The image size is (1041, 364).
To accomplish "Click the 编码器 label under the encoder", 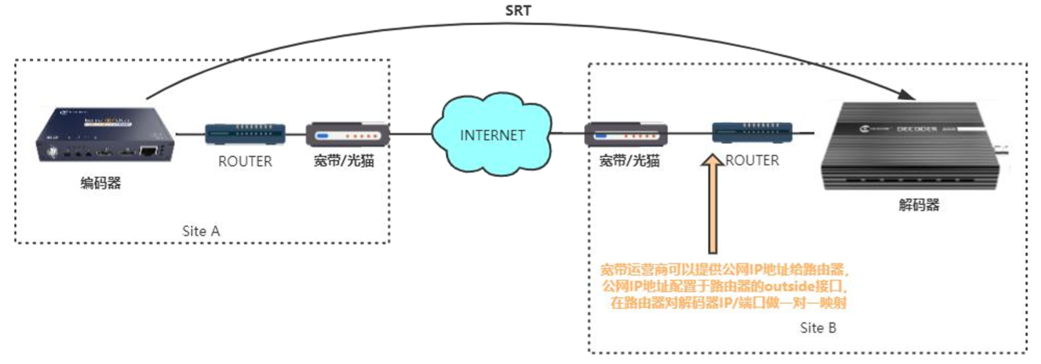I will (x=101, y=183).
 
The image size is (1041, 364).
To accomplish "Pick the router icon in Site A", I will (x=245, y=133).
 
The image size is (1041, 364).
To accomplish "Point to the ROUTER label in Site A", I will (x=245, y=161).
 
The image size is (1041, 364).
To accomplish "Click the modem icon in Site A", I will (x=347, y=133).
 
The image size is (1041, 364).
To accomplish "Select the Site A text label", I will (x=200, y=231).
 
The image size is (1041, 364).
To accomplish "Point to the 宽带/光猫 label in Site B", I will (x=629, y=161).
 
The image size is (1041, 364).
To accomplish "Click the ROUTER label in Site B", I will (x=752, y=161).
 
